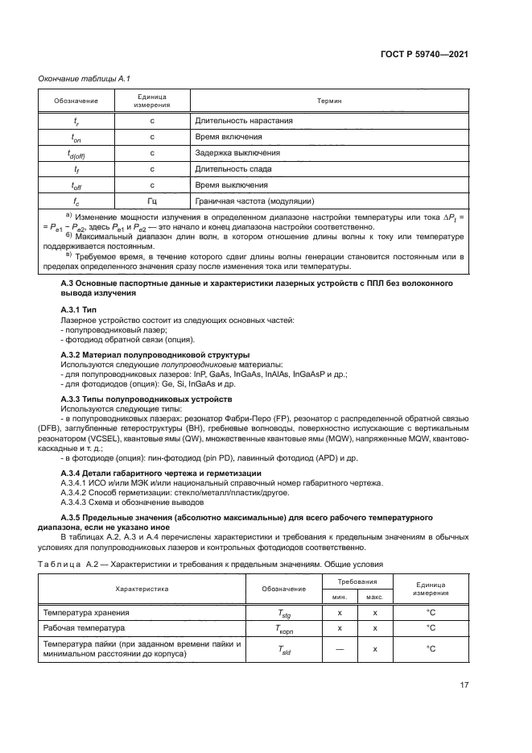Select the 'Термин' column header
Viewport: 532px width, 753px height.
pyautogui.click(x=329, y=101)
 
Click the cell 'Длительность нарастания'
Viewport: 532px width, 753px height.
pyautogui.click(x=243, y=122)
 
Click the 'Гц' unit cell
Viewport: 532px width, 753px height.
pyautogui.click(x=151, y=201)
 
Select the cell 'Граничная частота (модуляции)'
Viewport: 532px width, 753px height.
pyautogui.click(x=254, y=201)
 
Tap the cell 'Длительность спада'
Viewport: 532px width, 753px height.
pyautogui.click(x=233, y=169)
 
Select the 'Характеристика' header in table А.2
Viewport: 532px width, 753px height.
pyautogui.click(x=142, y=589)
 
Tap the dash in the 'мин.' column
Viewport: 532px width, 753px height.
pyautogui.click(x=340, y=648)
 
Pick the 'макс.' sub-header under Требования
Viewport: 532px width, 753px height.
pyautogui.click(x=374, y=597)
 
